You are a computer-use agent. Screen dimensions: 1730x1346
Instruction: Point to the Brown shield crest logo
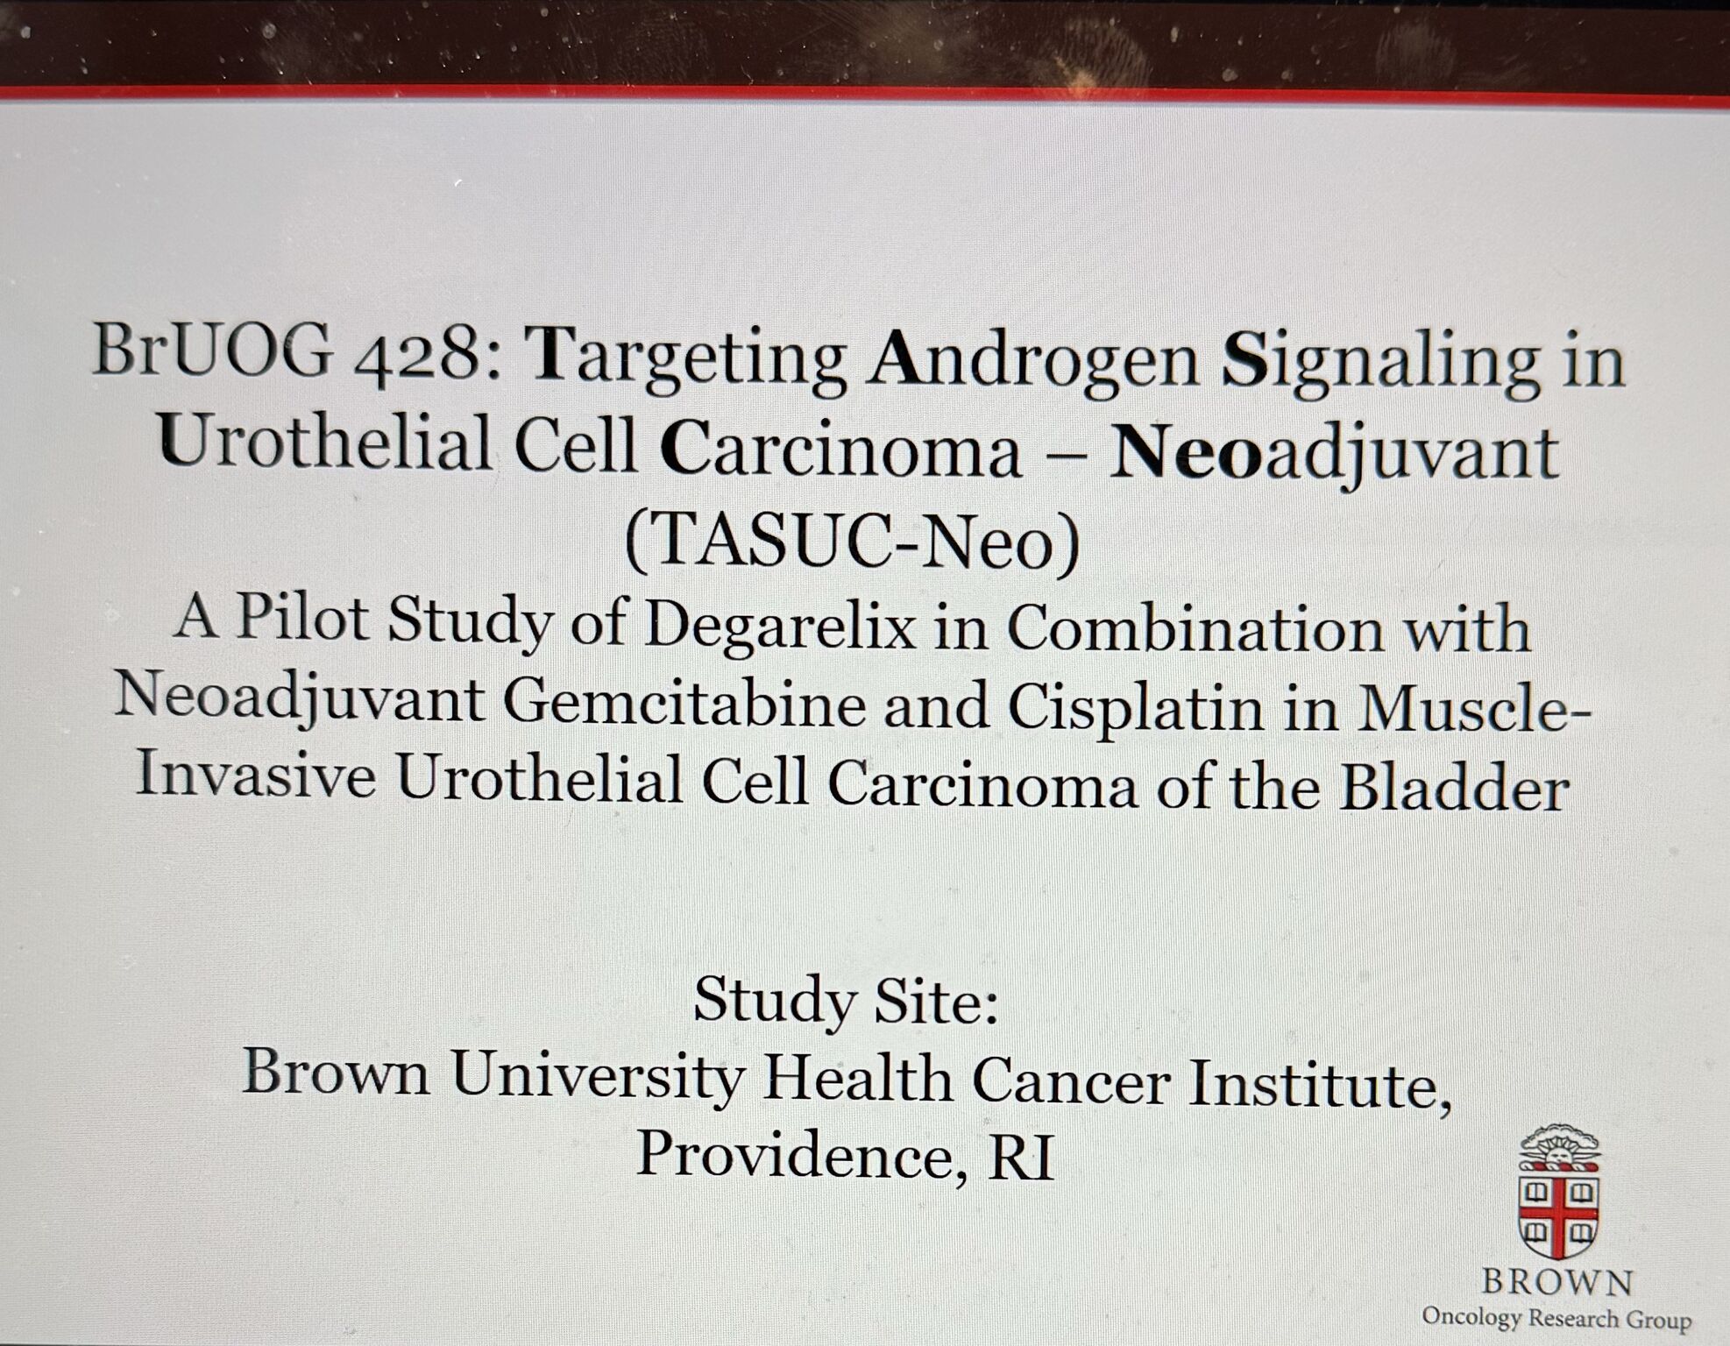click(1558, 1191)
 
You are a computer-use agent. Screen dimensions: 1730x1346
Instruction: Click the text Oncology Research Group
click(1556, 1317)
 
